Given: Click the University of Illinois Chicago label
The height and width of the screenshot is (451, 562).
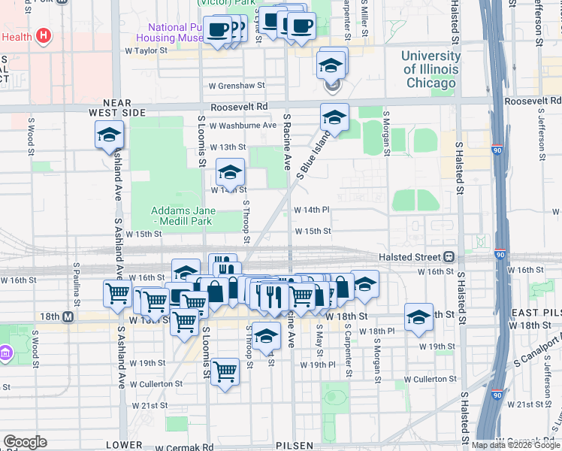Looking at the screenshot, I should tap(431, 69).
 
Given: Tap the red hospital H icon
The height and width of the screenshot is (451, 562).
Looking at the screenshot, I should tap(44, 35).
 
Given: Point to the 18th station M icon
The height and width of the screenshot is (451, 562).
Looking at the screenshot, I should tap(68, 317).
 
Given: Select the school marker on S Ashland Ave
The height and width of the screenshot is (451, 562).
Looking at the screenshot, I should tap(109, 135).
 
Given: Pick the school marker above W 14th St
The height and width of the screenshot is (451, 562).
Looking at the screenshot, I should tap(230, 172).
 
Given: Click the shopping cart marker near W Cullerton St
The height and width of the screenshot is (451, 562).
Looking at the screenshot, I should tap(225, 371).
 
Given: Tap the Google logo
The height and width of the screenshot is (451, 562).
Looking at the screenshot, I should tap(25, 442).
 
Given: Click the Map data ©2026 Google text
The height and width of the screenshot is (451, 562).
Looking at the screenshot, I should tap(515, 445).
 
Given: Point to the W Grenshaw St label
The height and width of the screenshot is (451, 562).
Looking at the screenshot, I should tap(237, 86).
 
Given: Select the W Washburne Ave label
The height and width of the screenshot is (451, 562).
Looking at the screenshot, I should tap(243, 125).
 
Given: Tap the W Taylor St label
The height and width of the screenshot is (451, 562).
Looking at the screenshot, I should tap(145, 51).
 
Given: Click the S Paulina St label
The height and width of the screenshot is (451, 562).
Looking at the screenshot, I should tap(77, 279).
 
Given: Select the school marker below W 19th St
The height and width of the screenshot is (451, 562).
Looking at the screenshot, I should tap(266, 335).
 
